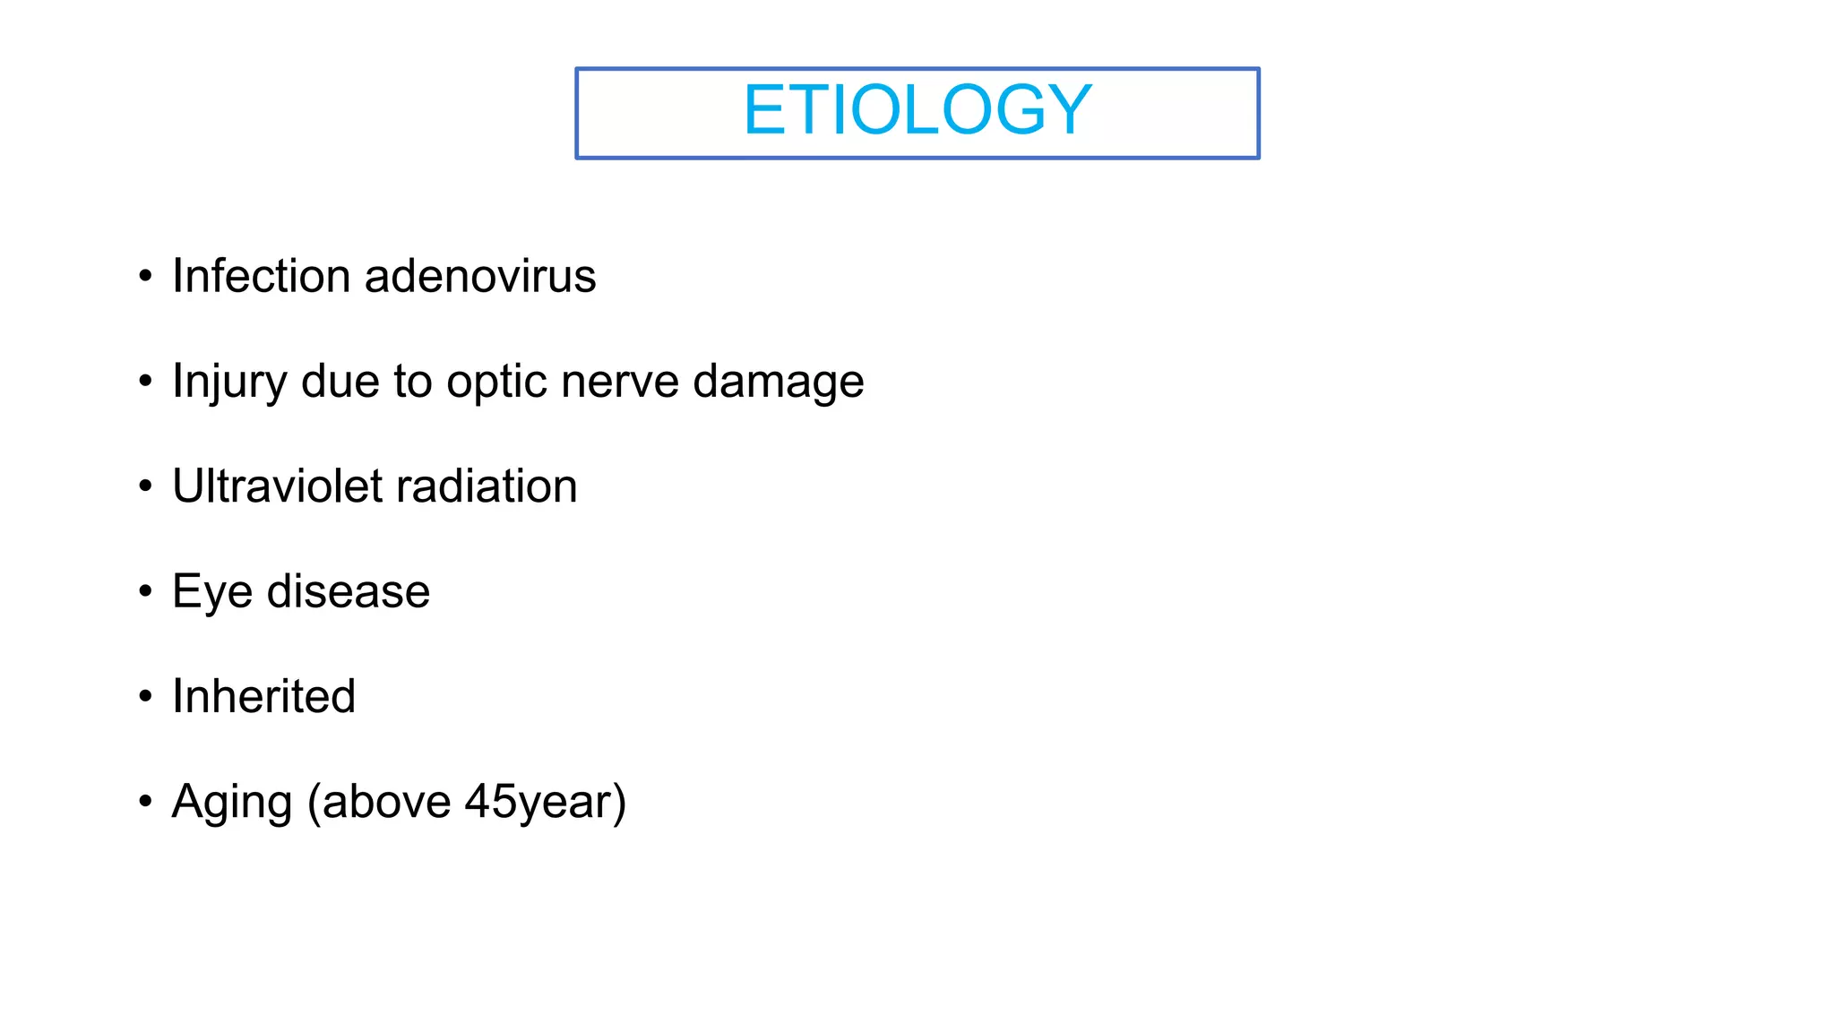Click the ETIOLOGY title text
point(917,110)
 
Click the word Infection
point(261,276)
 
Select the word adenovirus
point(480,276)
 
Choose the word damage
point(778,382)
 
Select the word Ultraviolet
point(276,486)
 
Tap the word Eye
point(211,592)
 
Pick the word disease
point(349,592)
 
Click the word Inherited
point(263,697)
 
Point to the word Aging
point(231,802)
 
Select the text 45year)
point(545,802)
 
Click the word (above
point(379,802)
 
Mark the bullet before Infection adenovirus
point(146,277)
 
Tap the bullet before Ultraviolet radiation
point(146,487)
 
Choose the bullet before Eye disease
point(146,592)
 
